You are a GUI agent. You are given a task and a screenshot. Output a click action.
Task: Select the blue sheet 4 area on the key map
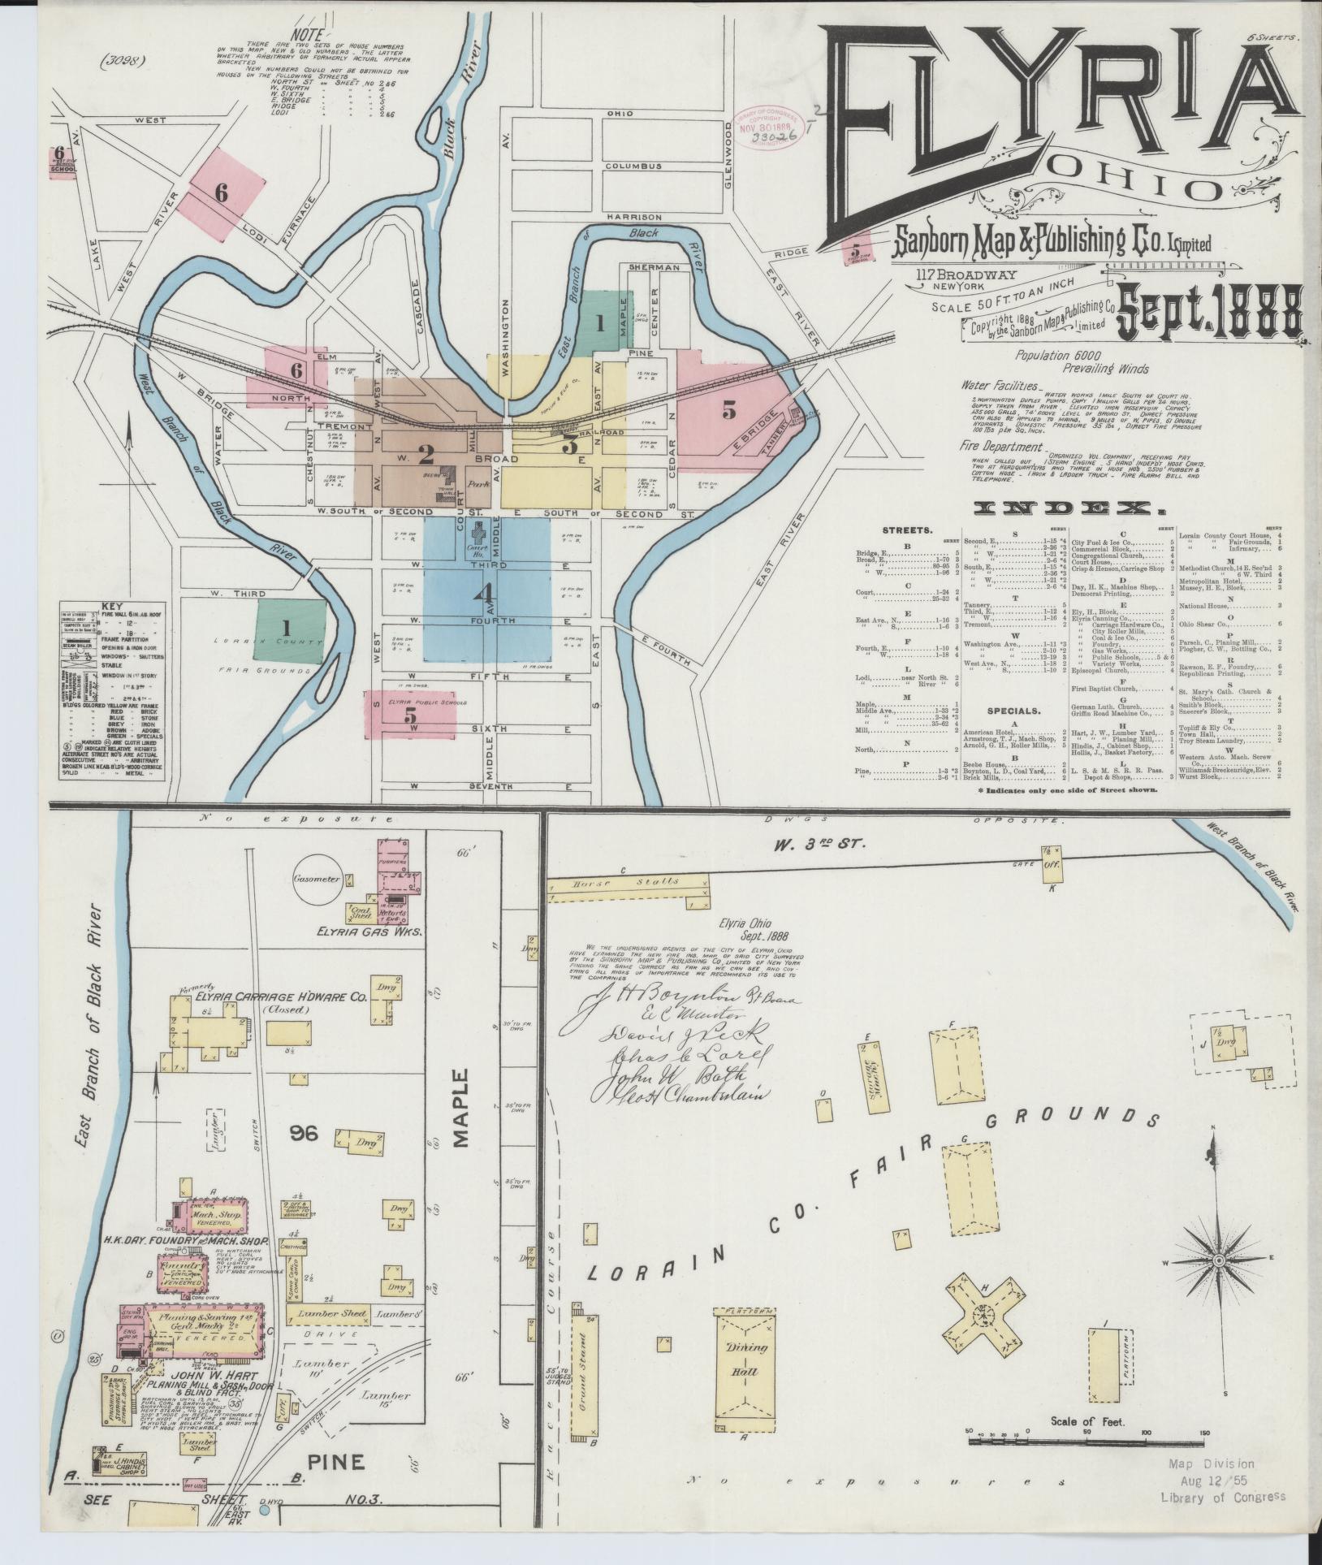coord(486,593)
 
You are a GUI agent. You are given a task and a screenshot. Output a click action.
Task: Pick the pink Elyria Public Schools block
coord(411,715)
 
